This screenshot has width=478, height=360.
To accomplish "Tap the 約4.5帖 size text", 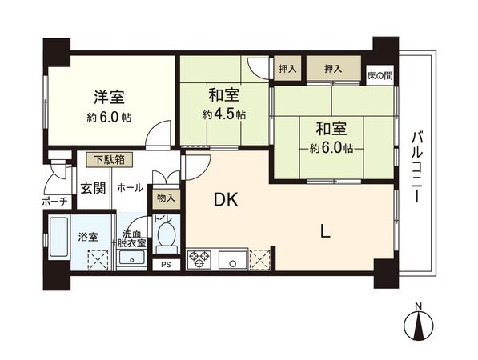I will tap(224, 114).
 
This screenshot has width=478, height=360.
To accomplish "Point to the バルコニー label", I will tap(416, 167).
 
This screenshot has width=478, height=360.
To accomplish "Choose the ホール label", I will tap(130, 187).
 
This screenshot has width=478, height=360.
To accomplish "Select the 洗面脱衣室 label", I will tap(131, 238).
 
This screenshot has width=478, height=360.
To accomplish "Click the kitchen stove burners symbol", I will tap(199, 260).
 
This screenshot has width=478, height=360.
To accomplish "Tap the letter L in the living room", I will tap(324, 232).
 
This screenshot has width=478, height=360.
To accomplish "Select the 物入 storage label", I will tap(167, 196).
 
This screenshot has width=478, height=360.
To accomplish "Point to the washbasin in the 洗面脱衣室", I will tap(131, 258).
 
